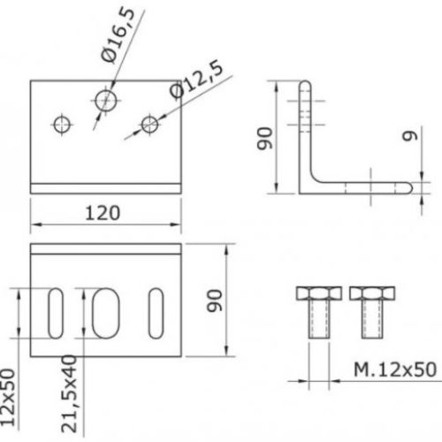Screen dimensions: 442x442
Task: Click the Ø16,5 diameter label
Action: point(118,34)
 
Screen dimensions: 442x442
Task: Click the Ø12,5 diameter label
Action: point(196,79)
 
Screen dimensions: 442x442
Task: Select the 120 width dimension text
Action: point(103,213)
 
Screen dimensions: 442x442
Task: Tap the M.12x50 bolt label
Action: point(395,370)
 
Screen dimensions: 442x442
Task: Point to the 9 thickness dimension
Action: point(410,136)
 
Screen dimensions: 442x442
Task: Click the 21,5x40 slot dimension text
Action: point(69,393)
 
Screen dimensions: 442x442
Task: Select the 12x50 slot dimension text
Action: point(8,397)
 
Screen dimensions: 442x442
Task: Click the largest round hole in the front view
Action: point(106,101)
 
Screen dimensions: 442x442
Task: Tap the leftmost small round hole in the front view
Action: point(62,125)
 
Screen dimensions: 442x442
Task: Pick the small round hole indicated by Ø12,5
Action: point(150,125)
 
